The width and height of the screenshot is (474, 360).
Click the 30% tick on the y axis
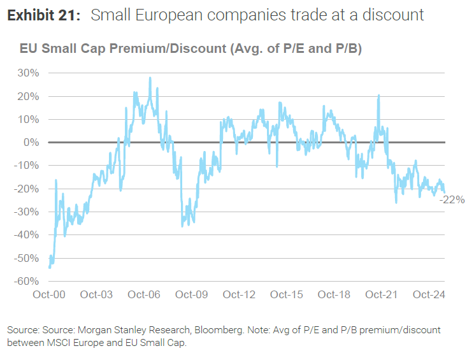[x=29, y=73]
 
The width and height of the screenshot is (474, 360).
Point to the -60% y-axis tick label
[x=27, y=281]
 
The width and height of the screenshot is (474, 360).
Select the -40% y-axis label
[x=27, y=235]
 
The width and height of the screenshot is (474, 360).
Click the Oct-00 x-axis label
[x=49, y=294]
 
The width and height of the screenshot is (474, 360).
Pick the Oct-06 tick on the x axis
[x=143, y=294]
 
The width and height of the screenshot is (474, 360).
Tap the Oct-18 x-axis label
[x=334, y=294]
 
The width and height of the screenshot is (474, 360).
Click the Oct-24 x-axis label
[x=428, y=294]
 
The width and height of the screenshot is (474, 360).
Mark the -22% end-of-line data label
[x=452, y=199]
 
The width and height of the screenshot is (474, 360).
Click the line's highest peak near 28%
[x=150, y=78]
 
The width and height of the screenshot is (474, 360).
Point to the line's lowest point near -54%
[x=50, y=268]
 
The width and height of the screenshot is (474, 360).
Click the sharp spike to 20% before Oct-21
[x=379, y=96]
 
